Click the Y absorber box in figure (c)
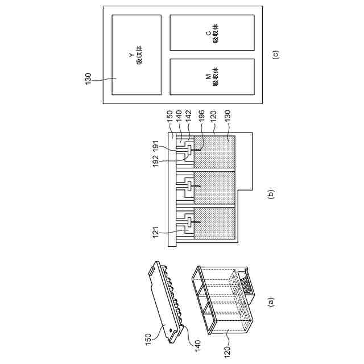[136, 54]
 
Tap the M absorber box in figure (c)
[212, 76]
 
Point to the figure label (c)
[276, 55]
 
